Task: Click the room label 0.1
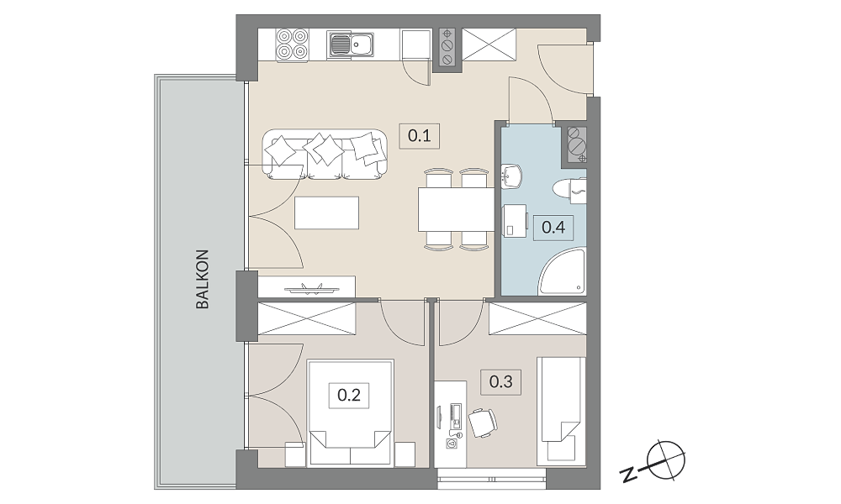(420, 135)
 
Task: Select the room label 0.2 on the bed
(349, 396)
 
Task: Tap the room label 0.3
(501, 382)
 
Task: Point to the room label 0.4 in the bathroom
(553, 227)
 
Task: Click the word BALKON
(202, 279)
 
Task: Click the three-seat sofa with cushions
(325, 155)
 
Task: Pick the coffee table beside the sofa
(326, 213)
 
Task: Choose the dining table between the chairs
(456, 209)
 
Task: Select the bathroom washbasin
(511, 176)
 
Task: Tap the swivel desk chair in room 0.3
(483, 423)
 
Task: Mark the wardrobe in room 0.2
(307, 319)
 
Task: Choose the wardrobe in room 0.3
(537, 319)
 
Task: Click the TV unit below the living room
(307, 286)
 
